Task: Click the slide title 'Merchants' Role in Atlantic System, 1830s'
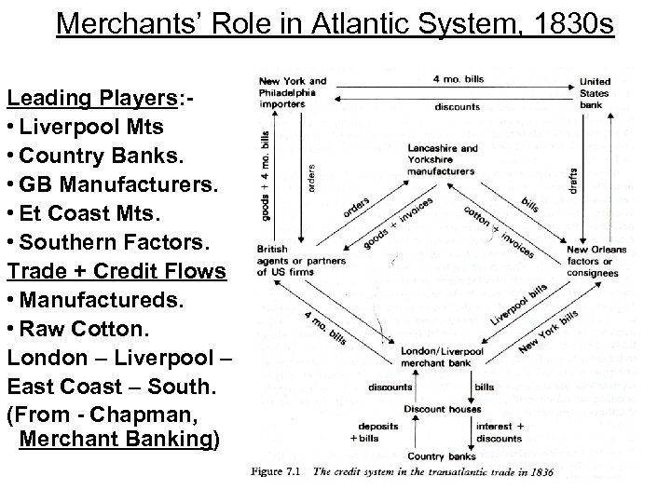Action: pos(335,21)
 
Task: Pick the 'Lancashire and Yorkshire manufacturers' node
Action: pos(443,159)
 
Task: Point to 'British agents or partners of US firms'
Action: pos(288,261)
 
